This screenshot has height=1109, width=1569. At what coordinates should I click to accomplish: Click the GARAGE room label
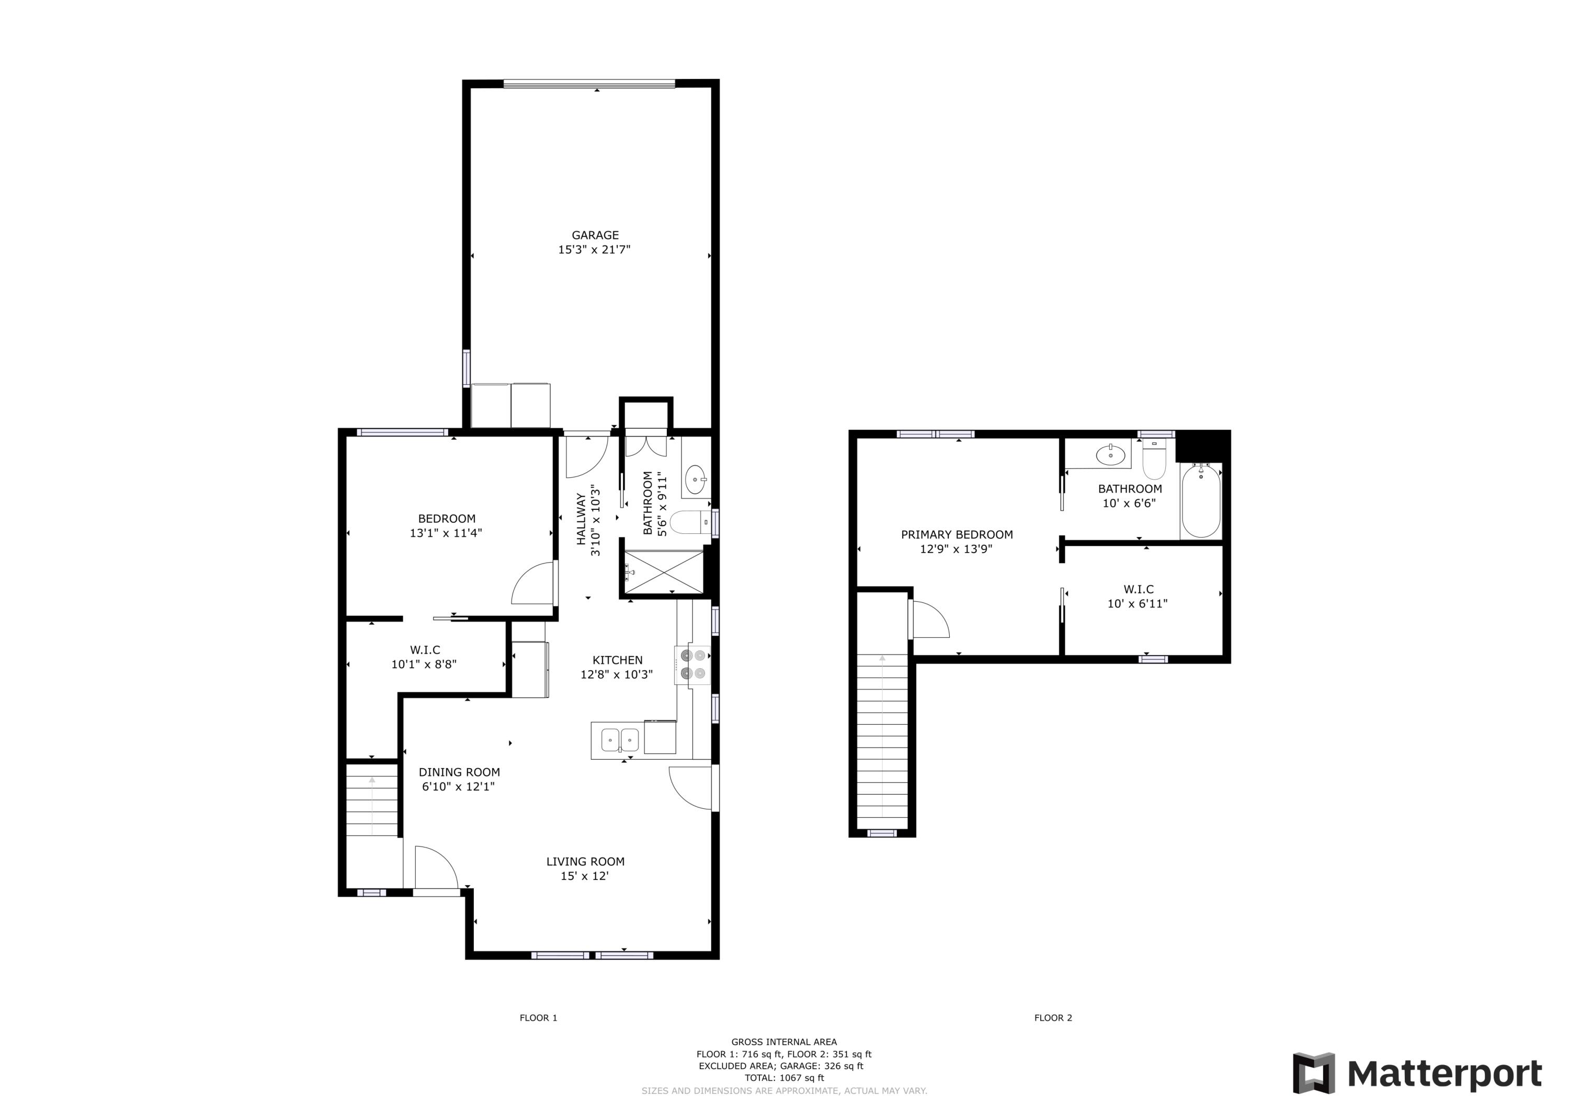click(595, 235)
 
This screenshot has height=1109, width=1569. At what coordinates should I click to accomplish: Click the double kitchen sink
click(620, 739)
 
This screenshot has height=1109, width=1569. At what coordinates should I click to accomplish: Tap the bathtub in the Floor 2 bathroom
click(1201, 501)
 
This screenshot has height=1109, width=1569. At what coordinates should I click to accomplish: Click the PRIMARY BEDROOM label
click(957, 535)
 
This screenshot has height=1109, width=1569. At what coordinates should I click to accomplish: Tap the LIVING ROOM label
click(585, 862)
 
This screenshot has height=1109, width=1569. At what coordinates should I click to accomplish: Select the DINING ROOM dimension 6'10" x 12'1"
click(458, 786)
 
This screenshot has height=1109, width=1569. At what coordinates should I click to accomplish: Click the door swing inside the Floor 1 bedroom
click(533, 584)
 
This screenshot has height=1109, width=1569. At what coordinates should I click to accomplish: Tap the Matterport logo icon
click(1313, 1073)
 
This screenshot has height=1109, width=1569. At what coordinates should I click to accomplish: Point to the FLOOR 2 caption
click(1052, 1018)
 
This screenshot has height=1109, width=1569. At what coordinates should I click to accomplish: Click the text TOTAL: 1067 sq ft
click(784, 1078)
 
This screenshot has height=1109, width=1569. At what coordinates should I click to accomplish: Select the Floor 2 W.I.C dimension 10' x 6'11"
click(1137, 604)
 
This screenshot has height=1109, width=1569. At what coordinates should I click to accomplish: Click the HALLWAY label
click(581, 519)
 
